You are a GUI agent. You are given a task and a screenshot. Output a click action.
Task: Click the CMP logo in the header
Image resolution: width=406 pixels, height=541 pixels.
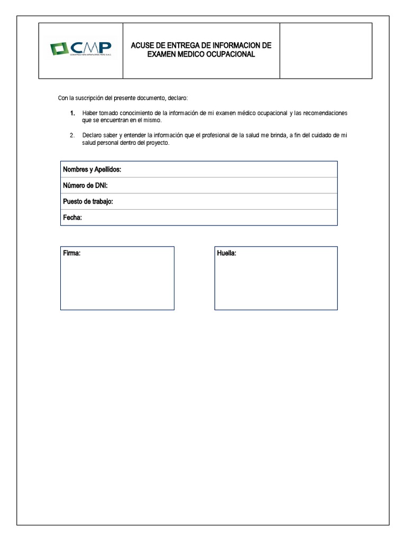(80, 49)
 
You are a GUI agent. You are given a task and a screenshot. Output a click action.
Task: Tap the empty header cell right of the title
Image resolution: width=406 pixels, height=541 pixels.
(326, 51)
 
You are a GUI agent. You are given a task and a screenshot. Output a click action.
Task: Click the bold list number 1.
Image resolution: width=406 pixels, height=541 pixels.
(72, 114)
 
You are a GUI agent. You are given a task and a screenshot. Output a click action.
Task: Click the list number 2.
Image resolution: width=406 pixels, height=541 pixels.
(72, 136)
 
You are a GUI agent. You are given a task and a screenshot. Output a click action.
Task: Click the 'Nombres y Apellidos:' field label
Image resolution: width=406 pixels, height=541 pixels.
(92, 170)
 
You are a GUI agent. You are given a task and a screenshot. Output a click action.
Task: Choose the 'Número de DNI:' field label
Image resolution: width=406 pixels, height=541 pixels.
(85, 185)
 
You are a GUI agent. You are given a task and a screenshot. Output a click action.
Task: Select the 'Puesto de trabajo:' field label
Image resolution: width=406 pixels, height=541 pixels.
(88, 202)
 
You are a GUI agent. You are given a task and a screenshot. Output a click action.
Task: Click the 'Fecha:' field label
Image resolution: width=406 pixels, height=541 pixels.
(72, 218)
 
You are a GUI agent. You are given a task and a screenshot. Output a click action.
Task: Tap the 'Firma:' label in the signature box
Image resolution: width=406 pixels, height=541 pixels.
(71, 254)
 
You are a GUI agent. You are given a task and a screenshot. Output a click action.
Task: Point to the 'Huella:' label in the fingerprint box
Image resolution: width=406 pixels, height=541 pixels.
(226, 254)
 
